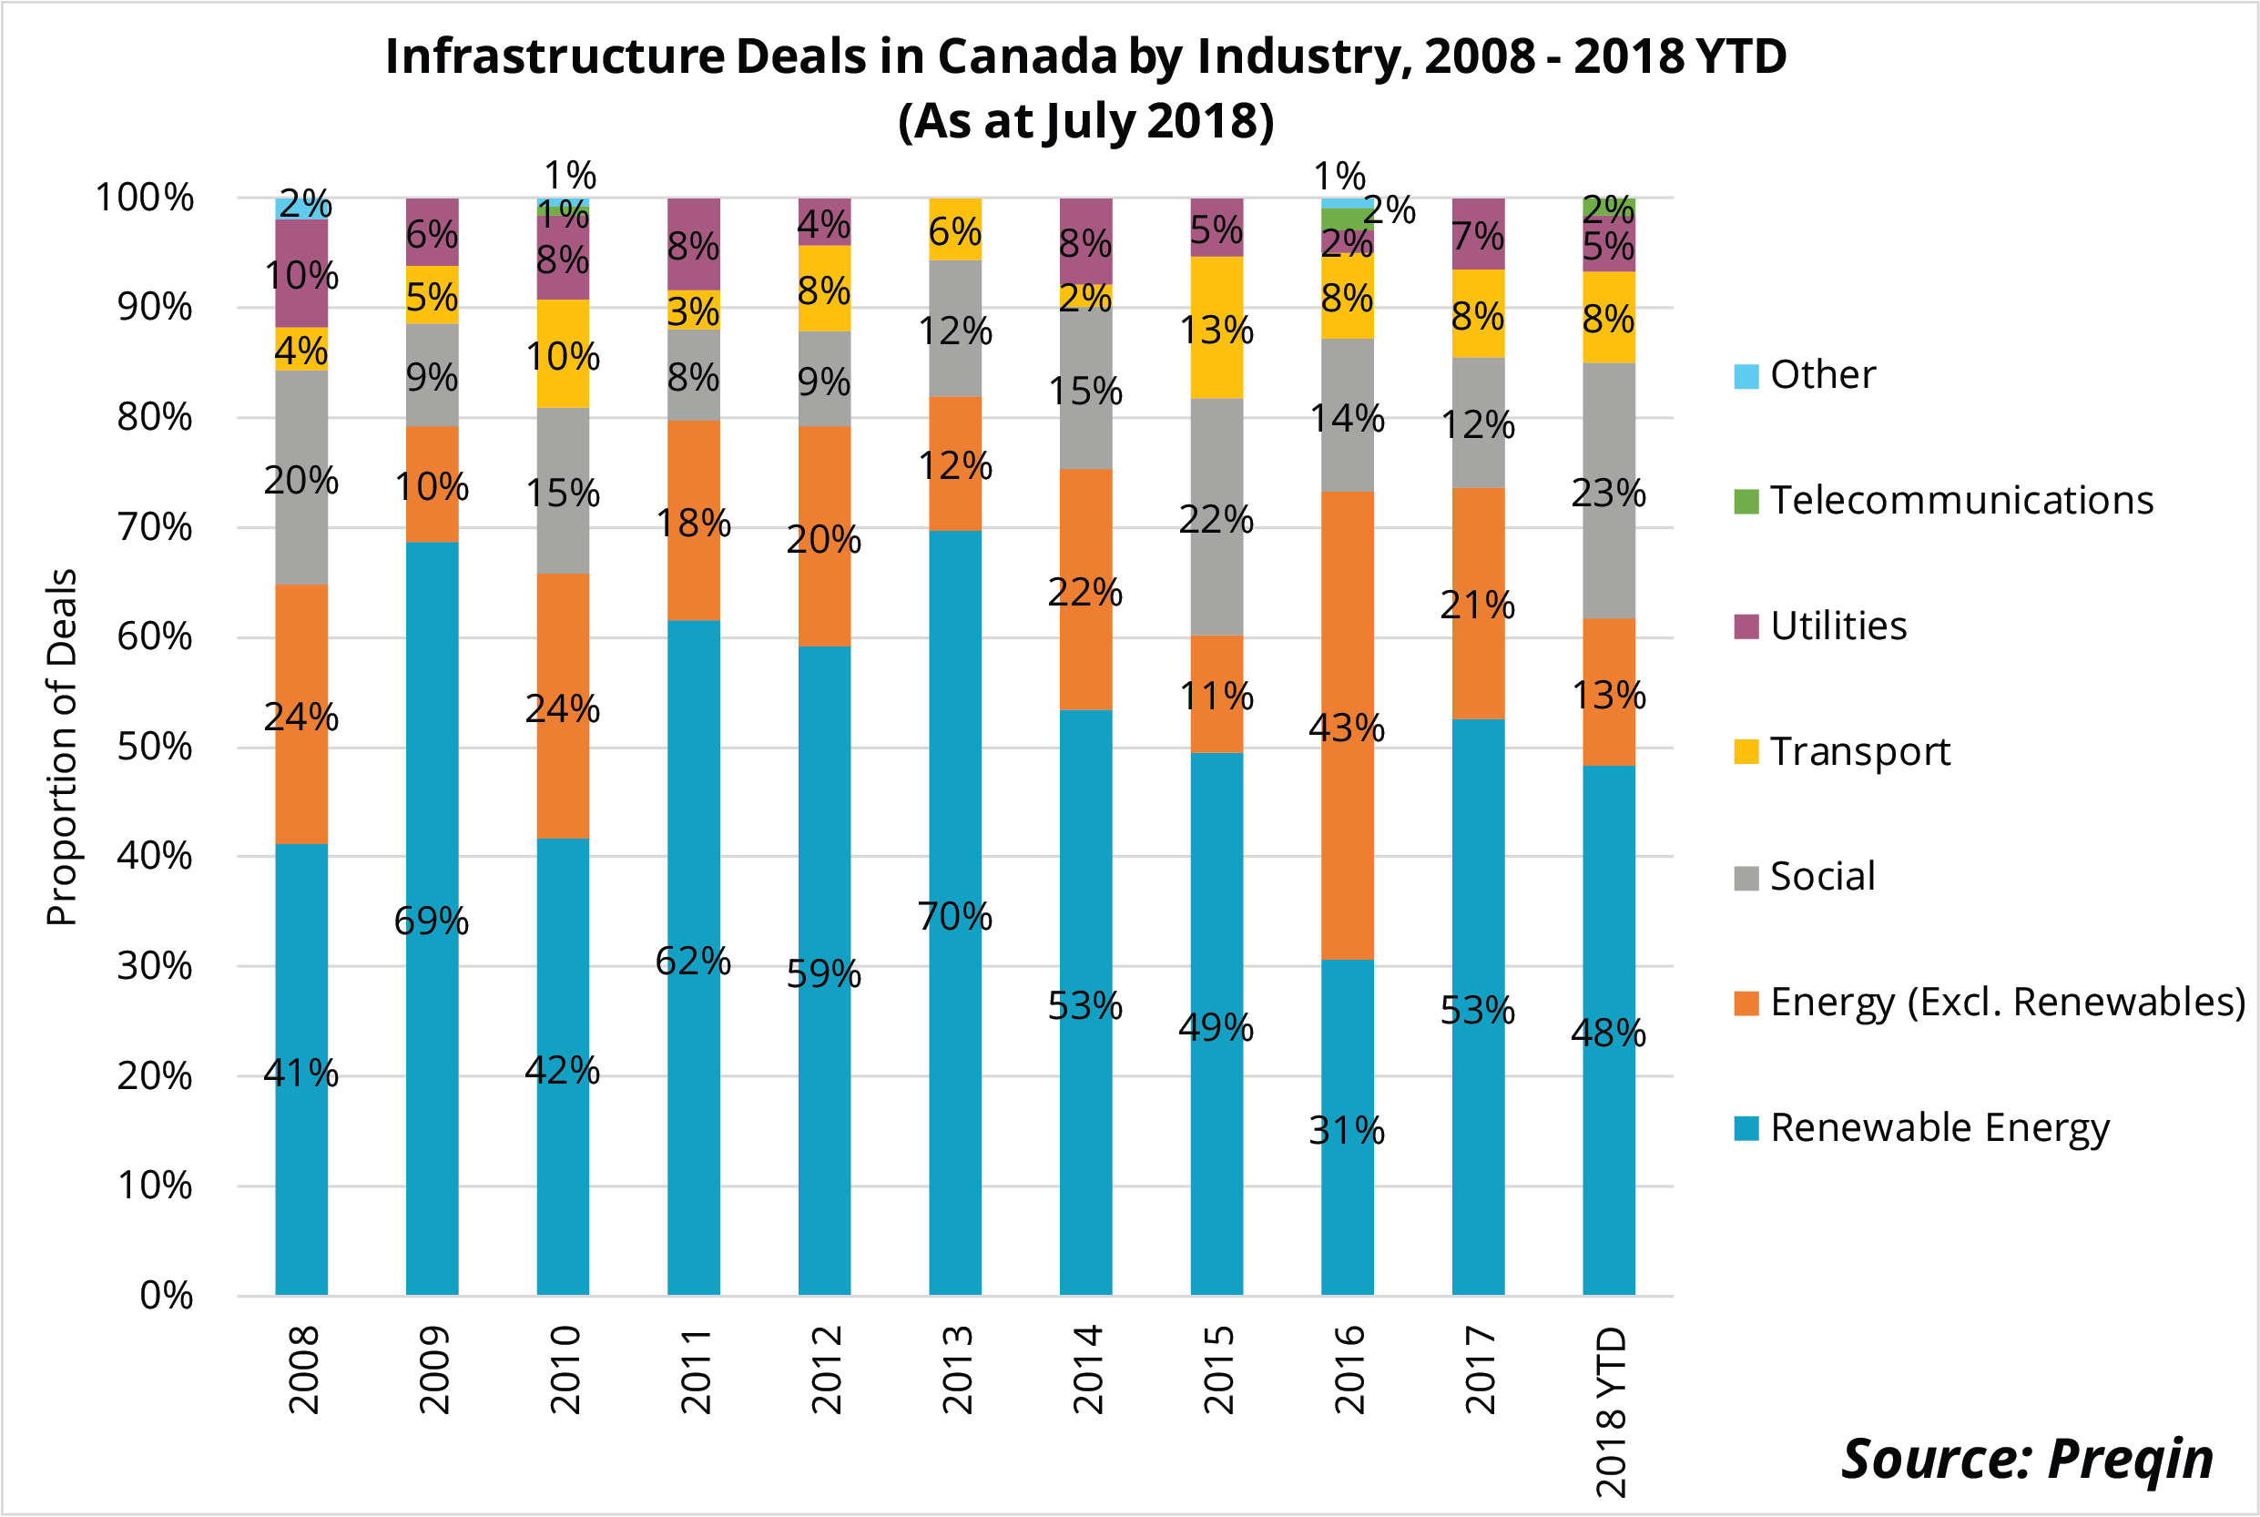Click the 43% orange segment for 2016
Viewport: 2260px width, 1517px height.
1347,726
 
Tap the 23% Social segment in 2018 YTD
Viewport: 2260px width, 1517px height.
1608,491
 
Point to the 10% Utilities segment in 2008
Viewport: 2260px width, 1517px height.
300,273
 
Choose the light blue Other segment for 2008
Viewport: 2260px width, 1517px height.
300,208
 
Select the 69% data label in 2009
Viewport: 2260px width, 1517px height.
432,920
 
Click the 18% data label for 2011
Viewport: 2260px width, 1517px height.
693,524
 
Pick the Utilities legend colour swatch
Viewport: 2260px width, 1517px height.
1746,626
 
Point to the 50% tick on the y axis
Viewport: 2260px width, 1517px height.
155,747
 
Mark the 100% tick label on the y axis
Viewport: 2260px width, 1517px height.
145,198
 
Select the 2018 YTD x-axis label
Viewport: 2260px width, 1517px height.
1610,1410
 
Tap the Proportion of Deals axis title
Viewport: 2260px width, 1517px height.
61,747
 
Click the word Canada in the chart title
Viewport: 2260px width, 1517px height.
1027,56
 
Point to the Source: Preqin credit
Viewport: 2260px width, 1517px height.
2027,1459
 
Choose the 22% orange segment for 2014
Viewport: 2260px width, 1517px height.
1085,590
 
